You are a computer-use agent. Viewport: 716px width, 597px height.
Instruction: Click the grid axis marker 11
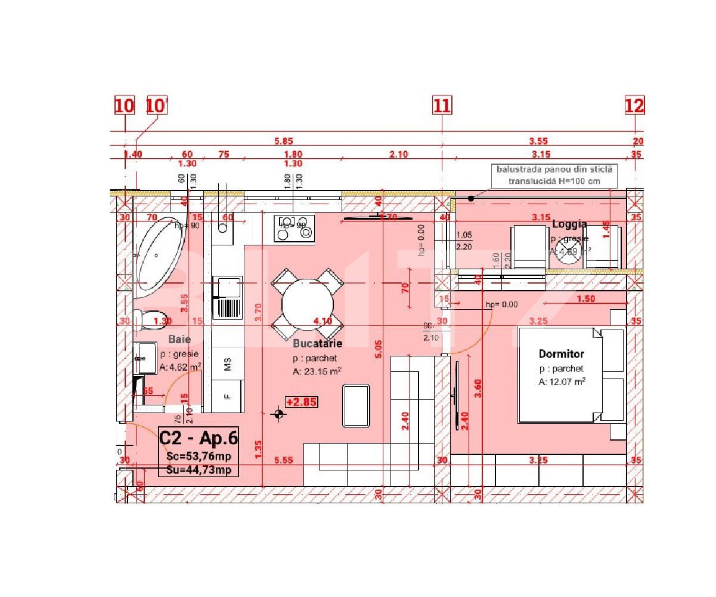pyautogui.click(x=442, y=106)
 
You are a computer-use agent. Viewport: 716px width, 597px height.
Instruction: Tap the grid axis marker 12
pyautogui.click(x=634, y=106)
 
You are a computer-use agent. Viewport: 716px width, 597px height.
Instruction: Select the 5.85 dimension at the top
pyautogui.click(x=283, y=141)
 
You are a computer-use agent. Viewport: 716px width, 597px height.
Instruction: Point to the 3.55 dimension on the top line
pyautogui.click(x=538, y=141)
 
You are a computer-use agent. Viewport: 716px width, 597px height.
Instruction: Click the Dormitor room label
pyautogui.click(x=561, y=354)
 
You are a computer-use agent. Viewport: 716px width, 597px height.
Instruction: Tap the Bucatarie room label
pyautogui.click(x=317, y=344)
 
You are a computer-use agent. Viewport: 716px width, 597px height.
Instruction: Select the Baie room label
pyautogui.click(x=179, y=339)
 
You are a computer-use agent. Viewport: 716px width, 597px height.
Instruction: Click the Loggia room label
pyautogui.click(x=569, y=224)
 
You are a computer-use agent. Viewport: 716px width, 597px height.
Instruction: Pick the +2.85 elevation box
pyautogui.click(x=301, y=402)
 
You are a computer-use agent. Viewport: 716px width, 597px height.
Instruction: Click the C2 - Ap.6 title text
pyautogui.click(x=199, y=438)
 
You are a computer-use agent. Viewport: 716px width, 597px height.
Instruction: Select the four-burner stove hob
pyautogui.click(x=294, y=229)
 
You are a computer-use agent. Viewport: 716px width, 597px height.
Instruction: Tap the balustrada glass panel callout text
pyautogui.click(x=554, y=175)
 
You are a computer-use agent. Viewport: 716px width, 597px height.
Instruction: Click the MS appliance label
pyautogui.click(x=227, y=365)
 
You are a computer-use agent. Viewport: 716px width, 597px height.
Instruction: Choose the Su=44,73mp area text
pyautogui.click(x=199, y=470)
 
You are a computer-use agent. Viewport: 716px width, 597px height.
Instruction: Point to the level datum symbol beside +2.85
pyautogui.click(x=278, y=414)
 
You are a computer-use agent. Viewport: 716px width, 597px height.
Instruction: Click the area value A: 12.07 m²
pyautogui.click(x=562, y=381)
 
